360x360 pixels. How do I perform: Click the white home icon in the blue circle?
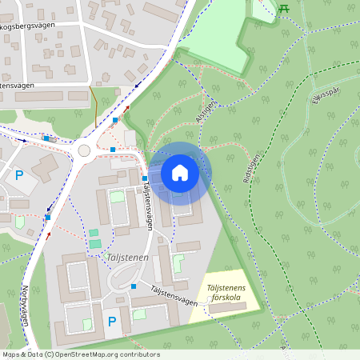[180, 172]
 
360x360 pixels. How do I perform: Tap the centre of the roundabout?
[84, 150]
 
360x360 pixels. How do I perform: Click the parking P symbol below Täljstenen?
[112, 322]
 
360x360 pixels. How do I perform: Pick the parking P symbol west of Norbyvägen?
[19, 174]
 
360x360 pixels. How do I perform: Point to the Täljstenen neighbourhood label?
[126, 258]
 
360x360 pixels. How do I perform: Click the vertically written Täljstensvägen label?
[147, 205]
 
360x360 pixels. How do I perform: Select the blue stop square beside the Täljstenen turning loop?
[134, 286]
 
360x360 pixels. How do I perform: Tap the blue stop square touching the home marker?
[145, 178]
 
